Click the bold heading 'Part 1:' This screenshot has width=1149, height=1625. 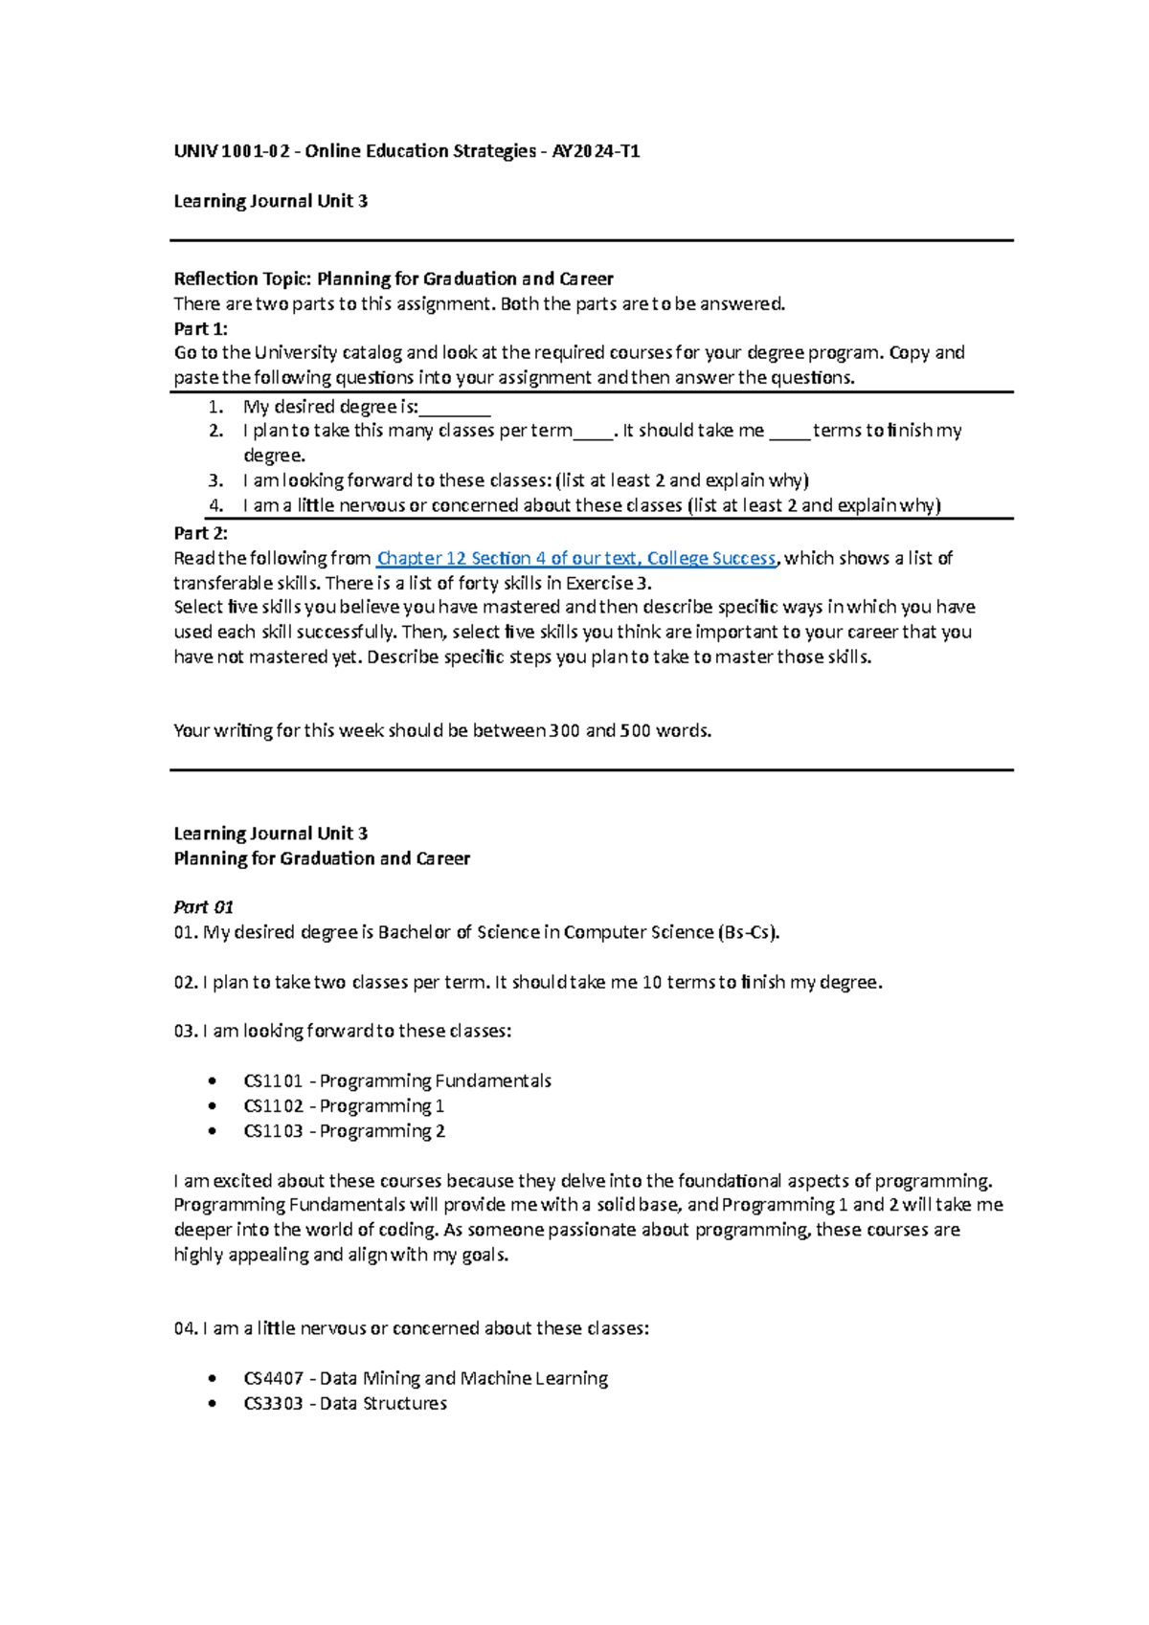click(x=200, y=328)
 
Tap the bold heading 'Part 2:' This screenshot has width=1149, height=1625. click(x=200, y=533)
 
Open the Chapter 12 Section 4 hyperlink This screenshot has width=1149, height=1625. click(x=576, y=558)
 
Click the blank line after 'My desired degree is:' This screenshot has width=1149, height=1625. click(x=455, y=408)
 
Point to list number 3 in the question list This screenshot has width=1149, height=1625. click(x=216, y=480)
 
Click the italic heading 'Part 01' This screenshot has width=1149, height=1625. click(x=203, y=906)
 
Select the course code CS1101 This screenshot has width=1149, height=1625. click(x=273, y=1081)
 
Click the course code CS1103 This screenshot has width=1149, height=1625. click(x=273, y=1131)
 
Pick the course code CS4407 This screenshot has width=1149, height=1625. click(x=273, y=1379)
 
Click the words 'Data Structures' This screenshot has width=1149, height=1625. click(x=383, y=1404)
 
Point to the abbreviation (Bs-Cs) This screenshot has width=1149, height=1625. click(x=749, y=932)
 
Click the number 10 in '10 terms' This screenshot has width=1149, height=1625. click(x=651, y=982)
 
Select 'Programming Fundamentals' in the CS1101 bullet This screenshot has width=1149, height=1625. click(x=436, y=1081)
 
